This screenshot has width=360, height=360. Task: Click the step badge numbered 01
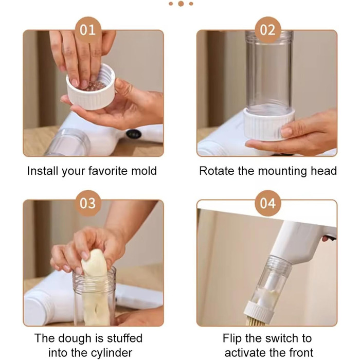88,30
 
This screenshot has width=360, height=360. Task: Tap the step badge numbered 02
268,30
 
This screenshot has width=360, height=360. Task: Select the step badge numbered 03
88,203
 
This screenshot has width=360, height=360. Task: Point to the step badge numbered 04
268,203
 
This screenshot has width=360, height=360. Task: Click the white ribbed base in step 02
269,125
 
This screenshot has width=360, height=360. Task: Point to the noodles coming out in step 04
255,321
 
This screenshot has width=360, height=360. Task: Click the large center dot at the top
181,4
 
